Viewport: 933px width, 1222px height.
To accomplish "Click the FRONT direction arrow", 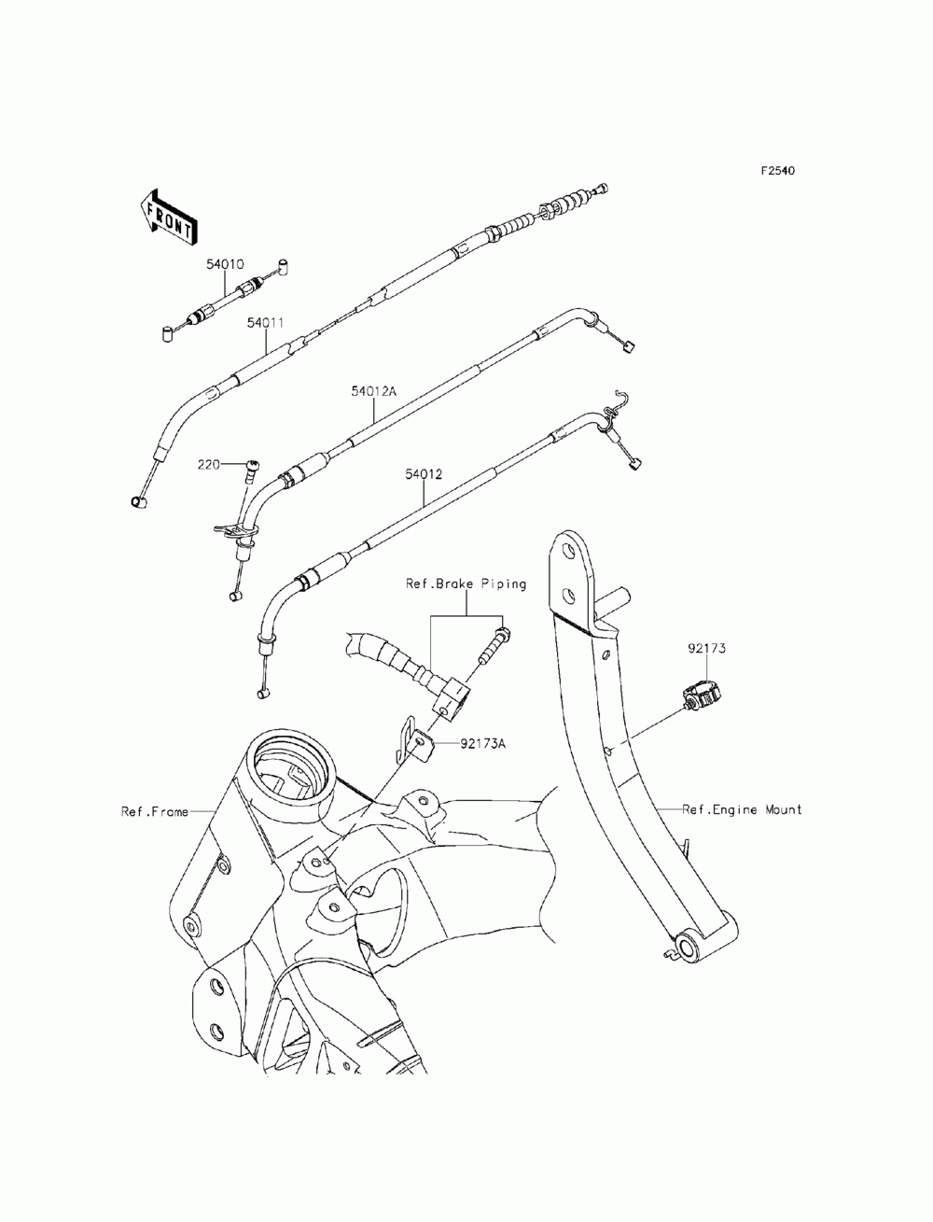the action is pyautogui.click(x=167, y=218).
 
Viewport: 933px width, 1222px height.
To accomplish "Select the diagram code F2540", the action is pyautogui.click(x=777, y=171).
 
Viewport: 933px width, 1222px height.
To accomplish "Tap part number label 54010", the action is pyautogui.click(x=226, y=264).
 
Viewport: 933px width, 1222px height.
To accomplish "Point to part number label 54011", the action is pyautogui.click(x=265, y=323).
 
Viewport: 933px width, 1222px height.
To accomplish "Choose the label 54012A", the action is pyautogui.click(x=373, y=391).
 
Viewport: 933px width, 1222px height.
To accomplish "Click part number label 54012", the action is pyautogui.click(x=424, y=474).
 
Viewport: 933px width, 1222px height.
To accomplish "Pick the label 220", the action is pyautogui.click(x=209, y=464).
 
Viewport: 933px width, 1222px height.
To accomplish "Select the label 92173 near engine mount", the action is pyautogui.click(x=706, y=649).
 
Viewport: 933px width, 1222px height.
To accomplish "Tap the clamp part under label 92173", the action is pyautogui.click(x=701, y=695).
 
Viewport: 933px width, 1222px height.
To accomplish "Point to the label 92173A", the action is pyautogui.click(x=482, y=743).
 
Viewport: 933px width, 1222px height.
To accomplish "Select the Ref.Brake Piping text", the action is pyautogui.click(x=466, y=584).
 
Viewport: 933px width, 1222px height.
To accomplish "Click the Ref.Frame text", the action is pyautogui.click(x=155, y=812).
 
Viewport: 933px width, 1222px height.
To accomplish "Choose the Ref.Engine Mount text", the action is pyautogui.click(x=742, y=810).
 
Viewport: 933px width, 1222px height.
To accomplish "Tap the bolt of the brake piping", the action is pyautogui.click(x=493, y=645).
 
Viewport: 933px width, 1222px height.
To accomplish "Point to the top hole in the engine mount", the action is pyautogui.click(x=567, y=551).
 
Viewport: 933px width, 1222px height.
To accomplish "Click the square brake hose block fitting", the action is pyautogui.click(x=452, y=700).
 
